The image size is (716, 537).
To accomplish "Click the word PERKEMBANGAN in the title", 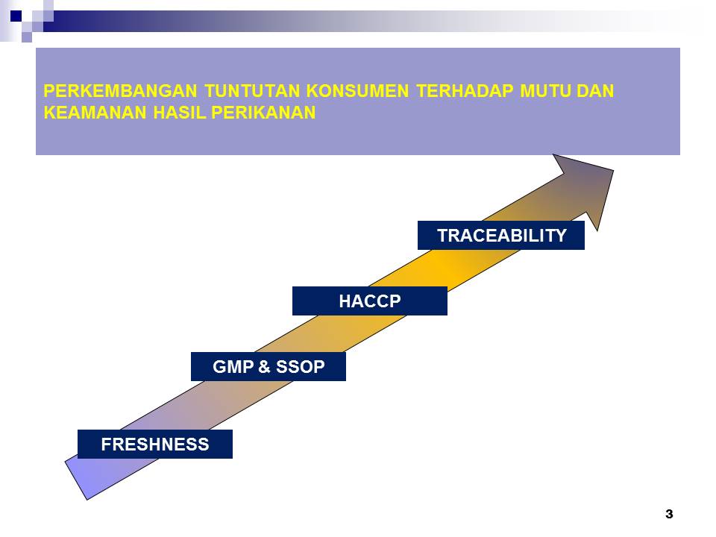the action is (121, 91).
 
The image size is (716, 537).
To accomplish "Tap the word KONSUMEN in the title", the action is (357, 91).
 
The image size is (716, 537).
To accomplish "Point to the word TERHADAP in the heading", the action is (465, 91).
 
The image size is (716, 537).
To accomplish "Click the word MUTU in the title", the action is (545, 91).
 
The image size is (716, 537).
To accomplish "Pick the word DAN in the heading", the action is (595, 91).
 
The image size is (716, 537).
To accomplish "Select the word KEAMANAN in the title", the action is (95, 113).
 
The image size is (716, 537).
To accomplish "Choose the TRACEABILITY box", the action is (501, 235).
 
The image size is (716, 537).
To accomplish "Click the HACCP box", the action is (369, 301).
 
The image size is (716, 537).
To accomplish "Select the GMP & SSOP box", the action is (268, 366).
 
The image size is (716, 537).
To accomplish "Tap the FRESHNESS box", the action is (155, 444).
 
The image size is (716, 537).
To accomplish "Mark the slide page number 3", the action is (669, 514).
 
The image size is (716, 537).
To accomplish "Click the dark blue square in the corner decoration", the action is (16, 16).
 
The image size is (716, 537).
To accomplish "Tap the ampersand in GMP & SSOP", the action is (264, 367).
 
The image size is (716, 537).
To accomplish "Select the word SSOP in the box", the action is (301, 367).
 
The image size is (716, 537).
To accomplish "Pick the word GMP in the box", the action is (233, 367).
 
